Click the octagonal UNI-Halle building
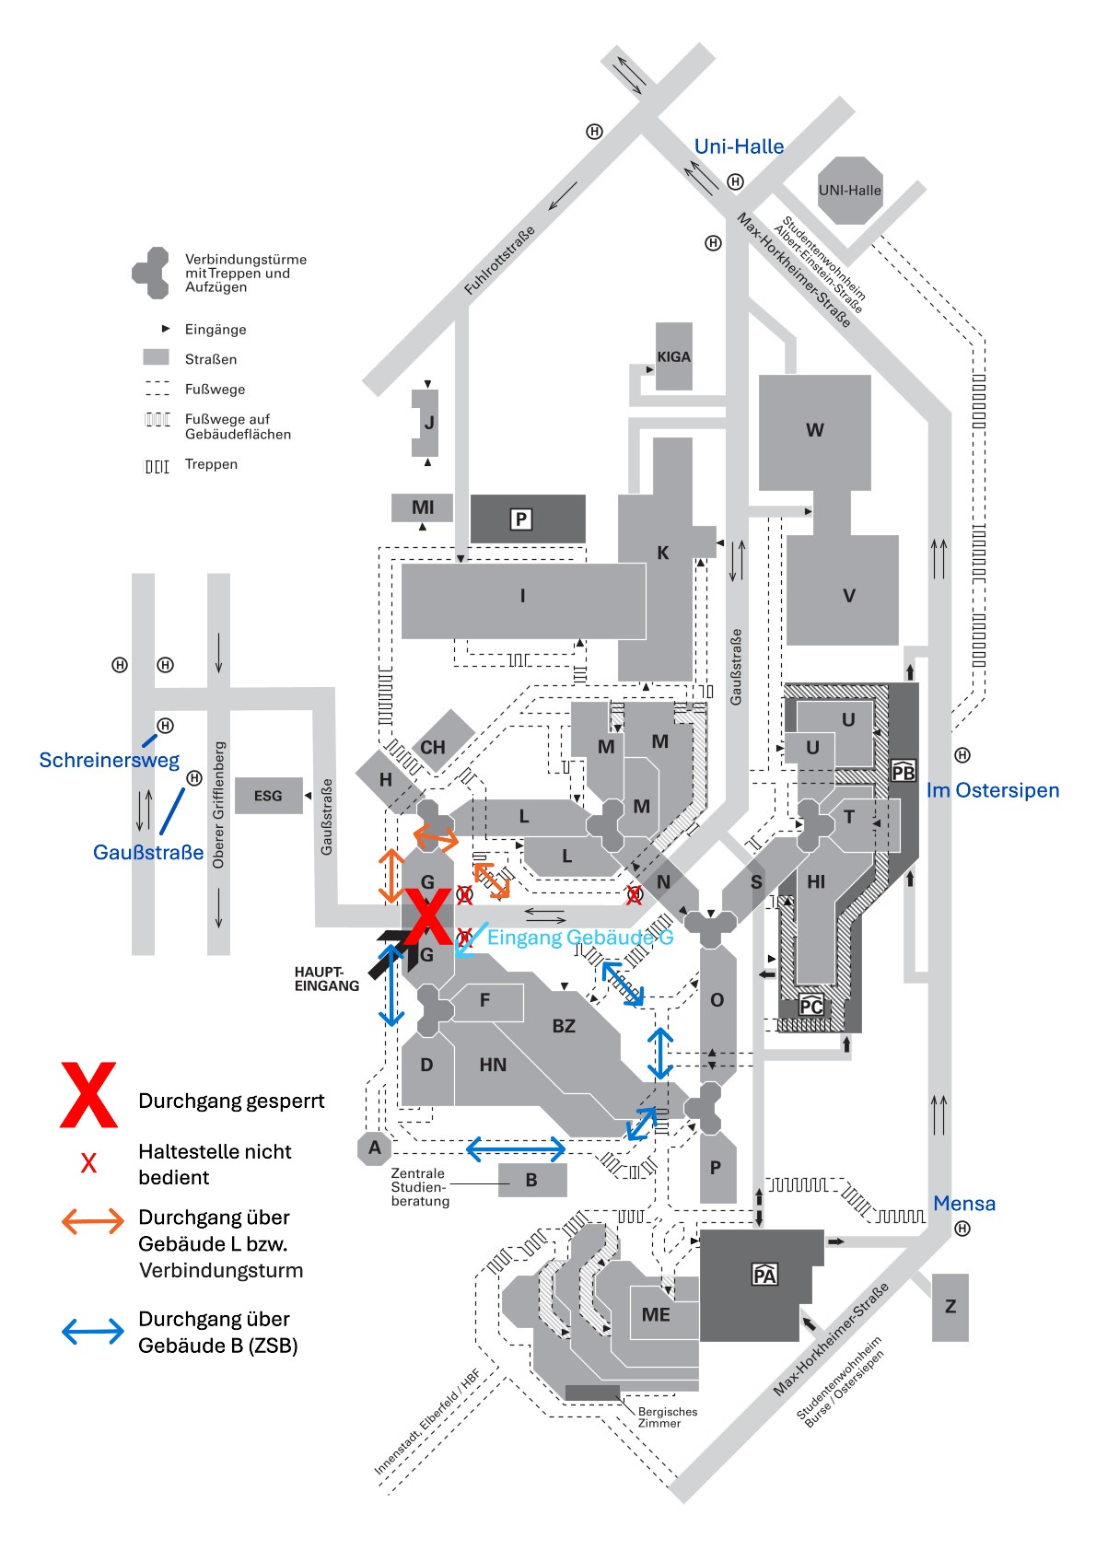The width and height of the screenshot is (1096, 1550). click(850, 191)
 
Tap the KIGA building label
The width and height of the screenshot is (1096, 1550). click(673, 357)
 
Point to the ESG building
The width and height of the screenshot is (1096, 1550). click(268, 796)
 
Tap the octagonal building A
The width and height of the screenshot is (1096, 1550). click(374, 1148)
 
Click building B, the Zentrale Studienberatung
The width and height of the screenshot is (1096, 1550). click(532, 1180)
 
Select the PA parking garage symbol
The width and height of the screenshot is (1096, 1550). click(764, 1274)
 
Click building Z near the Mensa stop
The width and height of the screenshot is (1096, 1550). click(950, 1307)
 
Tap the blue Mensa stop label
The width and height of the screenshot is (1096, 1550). click(964, 1204)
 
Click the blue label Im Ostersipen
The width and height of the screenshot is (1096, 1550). click(992, 790)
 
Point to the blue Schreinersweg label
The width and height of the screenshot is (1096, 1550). click(109, 760)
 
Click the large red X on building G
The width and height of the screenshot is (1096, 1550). click(427, 917)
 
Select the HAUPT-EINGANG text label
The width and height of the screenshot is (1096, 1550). click(327, 979)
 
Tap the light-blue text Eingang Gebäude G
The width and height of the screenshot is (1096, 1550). click(580, 938)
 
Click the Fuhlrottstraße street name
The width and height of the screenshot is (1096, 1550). click(499, 261)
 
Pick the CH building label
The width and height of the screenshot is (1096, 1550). click(433, 747)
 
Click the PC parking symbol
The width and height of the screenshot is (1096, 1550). click(810, 1005)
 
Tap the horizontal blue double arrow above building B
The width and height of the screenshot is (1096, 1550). click(516, 1149)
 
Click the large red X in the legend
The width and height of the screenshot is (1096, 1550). click(88, 1095)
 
